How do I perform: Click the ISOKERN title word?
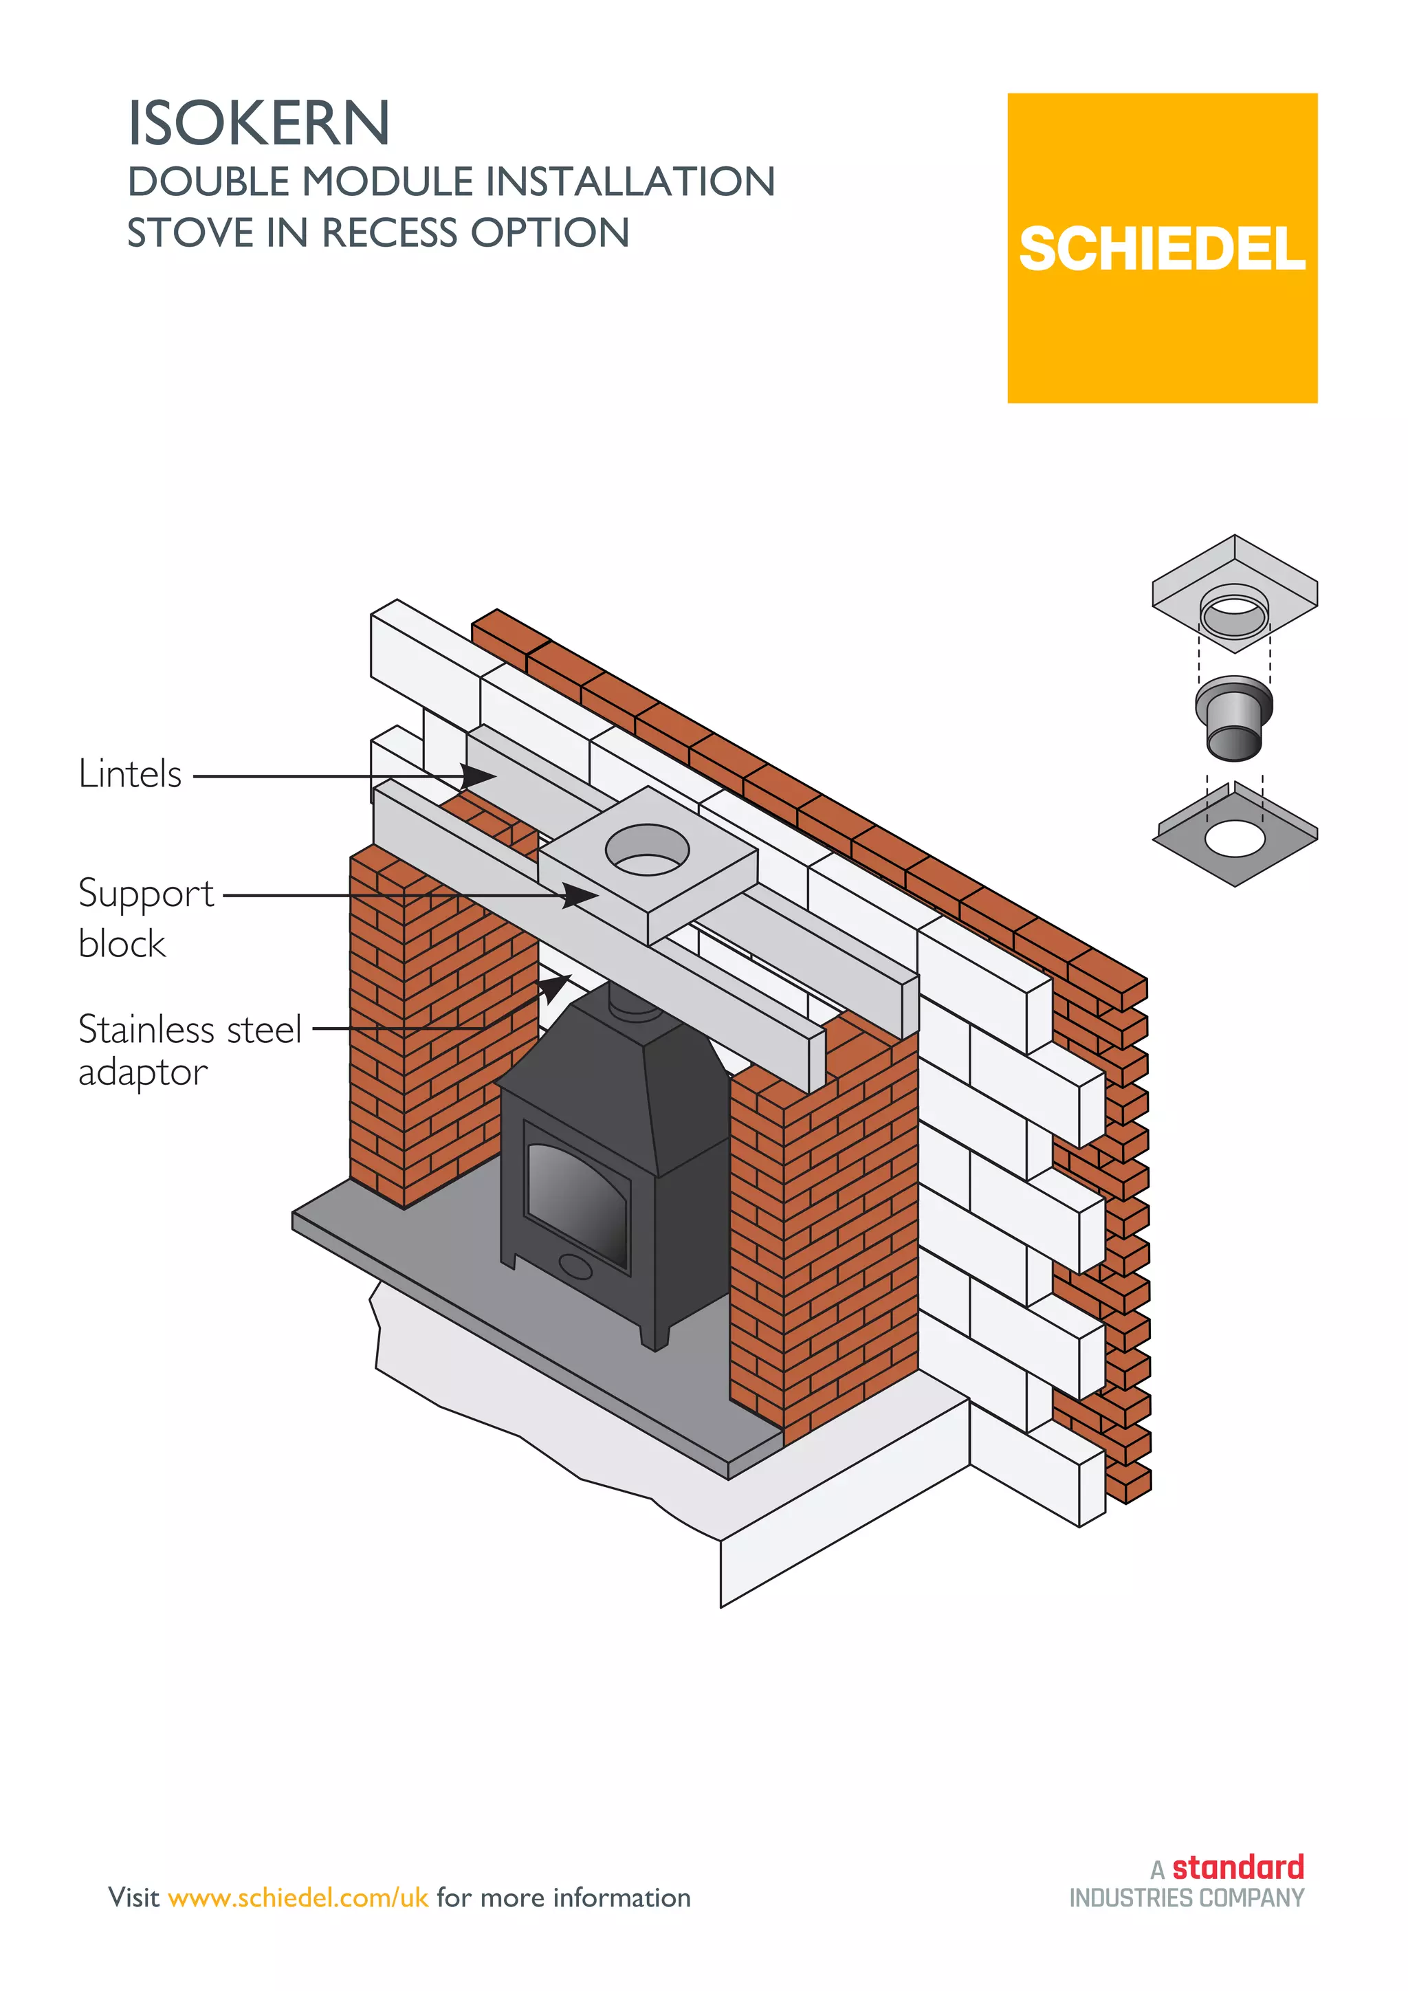tap(258, 124)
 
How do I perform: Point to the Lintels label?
tap(130, 773)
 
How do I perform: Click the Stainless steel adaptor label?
tap(188, 1050)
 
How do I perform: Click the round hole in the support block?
tap(647, 850)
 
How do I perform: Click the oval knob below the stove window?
tap(575, 1266)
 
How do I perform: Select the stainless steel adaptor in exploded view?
tap(1233, 718)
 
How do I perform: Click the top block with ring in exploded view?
tap(1234, 594)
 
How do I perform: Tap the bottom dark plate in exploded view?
tap(1235, 837)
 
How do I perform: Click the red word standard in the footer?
tap(1237, 1867)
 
